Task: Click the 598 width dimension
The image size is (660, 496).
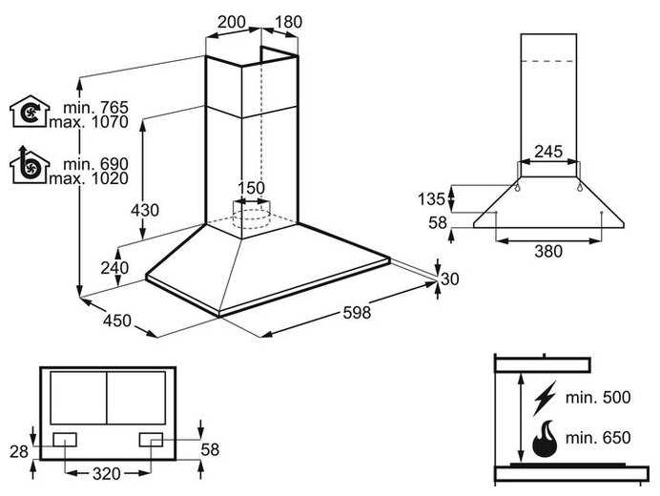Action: click(357, 313)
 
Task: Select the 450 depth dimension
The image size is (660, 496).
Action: click(117, 320)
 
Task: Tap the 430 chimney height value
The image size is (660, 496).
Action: click(145, 210)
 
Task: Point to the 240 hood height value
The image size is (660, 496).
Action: click(114, 268)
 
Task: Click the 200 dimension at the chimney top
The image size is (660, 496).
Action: click(231, 22)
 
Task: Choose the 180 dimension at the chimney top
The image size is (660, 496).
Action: click(288, 22)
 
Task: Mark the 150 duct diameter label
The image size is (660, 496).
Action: click(251, 188)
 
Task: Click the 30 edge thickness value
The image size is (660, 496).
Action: click(449, 279)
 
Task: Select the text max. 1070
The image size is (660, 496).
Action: click(89, 122)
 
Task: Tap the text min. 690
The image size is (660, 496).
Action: click(95, 164)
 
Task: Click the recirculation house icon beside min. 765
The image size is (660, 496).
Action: click(30, 112)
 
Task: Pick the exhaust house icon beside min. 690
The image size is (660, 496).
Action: click(30, 165)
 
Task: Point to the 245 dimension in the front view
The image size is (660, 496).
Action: click(548, 151)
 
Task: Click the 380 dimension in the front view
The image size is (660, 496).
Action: click(548, 252)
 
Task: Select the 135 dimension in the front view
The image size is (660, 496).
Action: click(431, 198)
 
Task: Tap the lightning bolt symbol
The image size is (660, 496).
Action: click(545, 398)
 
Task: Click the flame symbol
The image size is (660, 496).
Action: click(545, 438)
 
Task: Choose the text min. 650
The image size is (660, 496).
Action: click(598, 438)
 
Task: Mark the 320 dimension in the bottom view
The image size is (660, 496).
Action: click(107, 474)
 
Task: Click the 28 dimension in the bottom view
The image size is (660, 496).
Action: click(19, 452)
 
